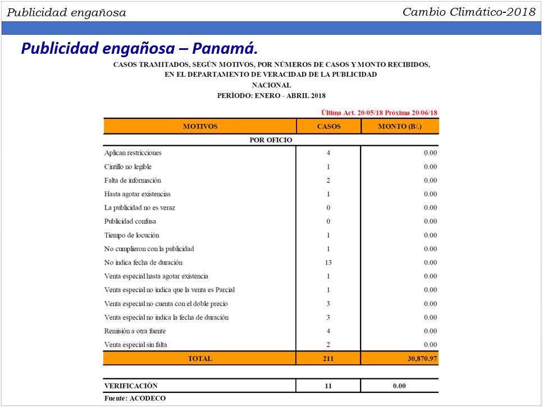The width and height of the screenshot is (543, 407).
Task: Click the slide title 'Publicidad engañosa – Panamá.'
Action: click(x=139, y=48)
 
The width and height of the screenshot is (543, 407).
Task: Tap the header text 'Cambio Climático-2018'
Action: click(x=469, y=12)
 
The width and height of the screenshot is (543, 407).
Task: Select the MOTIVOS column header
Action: click(x=200, y=126)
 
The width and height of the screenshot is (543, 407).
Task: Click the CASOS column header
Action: click(x=328, y=126)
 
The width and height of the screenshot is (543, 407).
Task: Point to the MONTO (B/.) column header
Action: click(x=400, y=126)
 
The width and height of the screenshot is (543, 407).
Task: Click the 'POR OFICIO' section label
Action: click(x=271, y=140)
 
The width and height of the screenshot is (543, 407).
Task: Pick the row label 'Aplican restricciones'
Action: click(x=133, y=152)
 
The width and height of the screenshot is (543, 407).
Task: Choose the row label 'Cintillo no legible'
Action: click(x=128, y=166)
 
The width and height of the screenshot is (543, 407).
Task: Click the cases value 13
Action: click(x=328, y=262)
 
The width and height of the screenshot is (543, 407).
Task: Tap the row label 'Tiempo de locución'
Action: click(x=132, y=235)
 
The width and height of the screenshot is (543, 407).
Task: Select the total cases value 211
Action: click(x=328, y=358)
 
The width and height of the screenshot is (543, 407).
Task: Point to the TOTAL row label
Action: click(x=200, y=358)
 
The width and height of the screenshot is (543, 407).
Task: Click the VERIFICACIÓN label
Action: click(x=131, y=386)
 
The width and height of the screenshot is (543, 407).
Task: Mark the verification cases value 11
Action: click(x=328, y=386)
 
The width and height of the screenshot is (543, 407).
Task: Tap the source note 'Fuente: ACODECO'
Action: click(x=135, y=398)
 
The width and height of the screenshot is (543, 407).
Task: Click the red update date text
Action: click(x=379, y=113)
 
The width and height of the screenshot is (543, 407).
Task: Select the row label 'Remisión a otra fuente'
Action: click(x=135, y=331)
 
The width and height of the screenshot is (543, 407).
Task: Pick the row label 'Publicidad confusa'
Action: click(x=130, y=221)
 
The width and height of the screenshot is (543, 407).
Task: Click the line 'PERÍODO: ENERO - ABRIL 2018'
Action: click(x=271, y=96)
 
